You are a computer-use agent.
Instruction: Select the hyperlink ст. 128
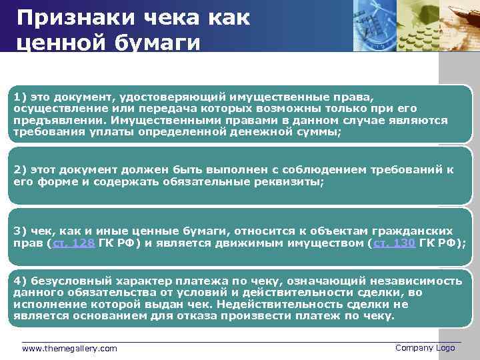[x=73, y=243]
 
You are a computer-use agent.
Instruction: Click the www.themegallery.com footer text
[x=69, y=349]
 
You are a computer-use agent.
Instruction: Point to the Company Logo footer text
[x=425, y=348]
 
